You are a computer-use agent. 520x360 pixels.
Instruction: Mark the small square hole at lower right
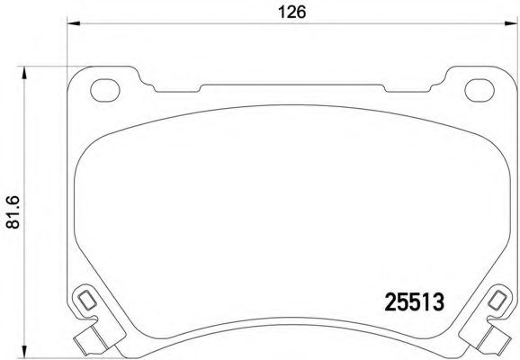(x=498, y=299)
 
